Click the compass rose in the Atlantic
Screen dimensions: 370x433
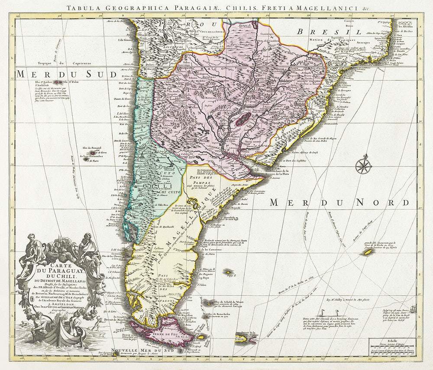coord(362,165)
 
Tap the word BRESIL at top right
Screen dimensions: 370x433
coord(330,32)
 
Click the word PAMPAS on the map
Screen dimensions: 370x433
coord(201,183)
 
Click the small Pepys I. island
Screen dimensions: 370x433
coord(227,272)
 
